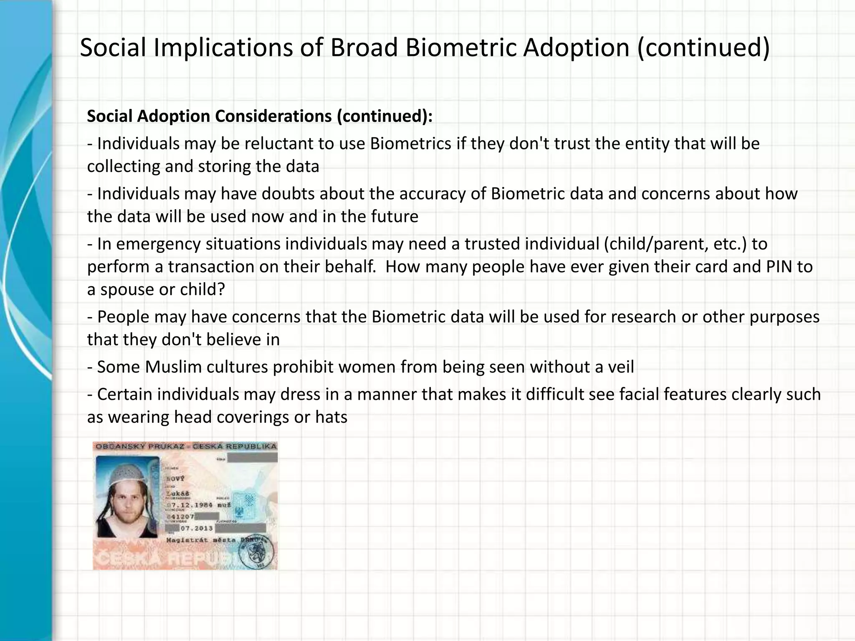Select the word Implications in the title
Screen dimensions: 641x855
click(x=223, y=48)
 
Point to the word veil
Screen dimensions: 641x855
click(x=619, y=367)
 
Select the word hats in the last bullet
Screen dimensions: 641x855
click(x=331, y=417)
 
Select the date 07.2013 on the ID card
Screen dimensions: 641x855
click(x=196, y=528)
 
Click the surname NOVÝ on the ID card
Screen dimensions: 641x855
click(x=175, y=479)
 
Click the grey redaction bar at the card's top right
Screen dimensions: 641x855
click(x=252, y=457)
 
